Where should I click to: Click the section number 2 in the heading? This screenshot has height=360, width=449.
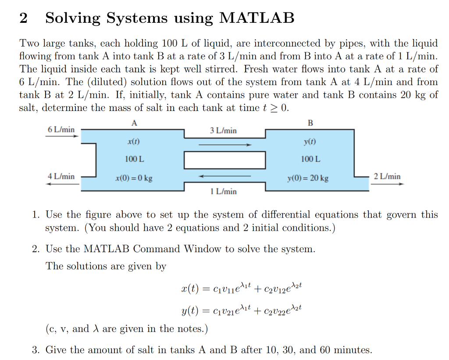(24, 18)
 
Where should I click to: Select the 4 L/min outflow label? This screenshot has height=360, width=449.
(61, 176)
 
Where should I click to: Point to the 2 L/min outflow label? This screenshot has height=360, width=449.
(387, 176)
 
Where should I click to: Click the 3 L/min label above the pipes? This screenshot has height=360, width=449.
(223, 130)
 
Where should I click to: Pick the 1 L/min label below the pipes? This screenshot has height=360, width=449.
(223, 191)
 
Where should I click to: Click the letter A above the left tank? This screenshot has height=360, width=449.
(134, 123)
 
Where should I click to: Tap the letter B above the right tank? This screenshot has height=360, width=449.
(310, 123)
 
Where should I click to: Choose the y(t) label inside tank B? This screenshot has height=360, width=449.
(310, 142)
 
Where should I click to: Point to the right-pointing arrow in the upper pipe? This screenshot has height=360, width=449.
(225, 144)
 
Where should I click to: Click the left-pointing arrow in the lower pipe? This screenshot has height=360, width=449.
(225, 176)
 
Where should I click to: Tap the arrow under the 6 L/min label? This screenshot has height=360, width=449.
(62, 136)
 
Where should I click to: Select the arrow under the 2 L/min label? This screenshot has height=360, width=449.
(387, 184)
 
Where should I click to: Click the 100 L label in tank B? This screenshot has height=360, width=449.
(310, 159)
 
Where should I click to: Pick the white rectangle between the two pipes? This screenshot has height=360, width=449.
(224, 160)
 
